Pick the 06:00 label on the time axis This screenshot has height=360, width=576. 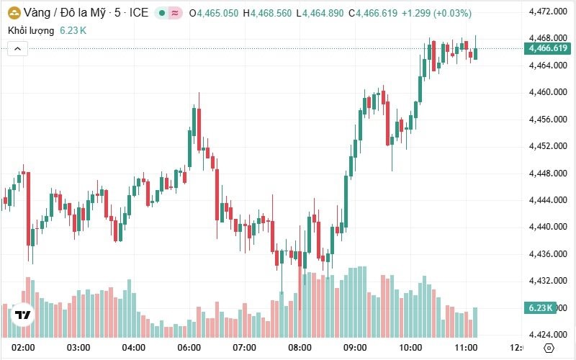pos(189,348)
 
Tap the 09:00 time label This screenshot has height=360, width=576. pos(356,348)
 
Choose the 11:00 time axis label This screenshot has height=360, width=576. pos(467,348)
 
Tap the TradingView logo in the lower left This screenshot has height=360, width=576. pos(23,315)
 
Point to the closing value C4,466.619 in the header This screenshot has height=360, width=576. pos(373,13)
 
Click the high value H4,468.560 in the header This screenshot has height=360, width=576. pos(267,13)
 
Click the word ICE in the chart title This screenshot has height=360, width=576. pos(138,13)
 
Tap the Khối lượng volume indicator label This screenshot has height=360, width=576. pos(32,30)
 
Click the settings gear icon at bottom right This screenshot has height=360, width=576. pos(549,348)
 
